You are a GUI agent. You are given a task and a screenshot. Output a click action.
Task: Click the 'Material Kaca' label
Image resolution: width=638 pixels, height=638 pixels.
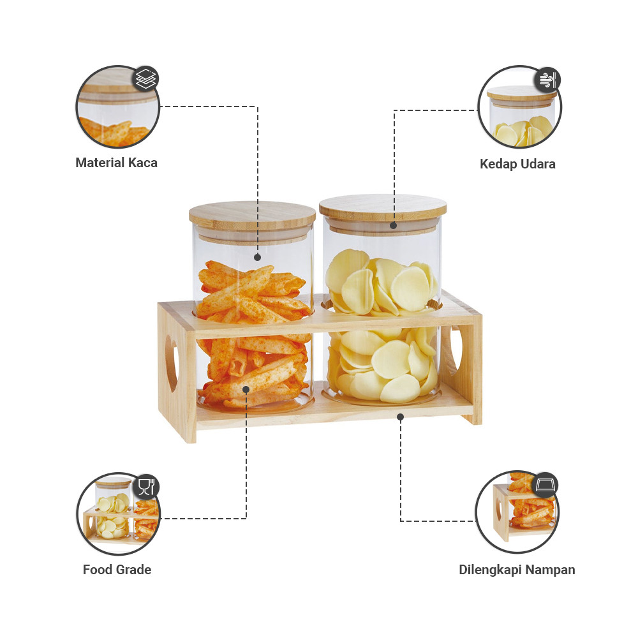click(x=116, y=163)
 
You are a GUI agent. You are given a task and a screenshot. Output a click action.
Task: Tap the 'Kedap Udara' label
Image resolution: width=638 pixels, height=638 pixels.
click(x=517, y=164)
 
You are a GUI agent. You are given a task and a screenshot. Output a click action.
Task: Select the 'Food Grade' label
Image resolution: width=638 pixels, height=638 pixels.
click(x=117, y=570)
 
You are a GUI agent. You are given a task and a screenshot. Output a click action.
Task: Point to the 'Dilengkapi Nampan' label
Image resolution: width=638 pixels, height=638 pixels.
click(x=517, y=570)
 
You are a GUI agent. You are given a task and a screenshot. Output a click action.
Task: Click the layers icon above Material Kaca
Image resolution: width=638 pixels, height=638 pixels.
click(x=146, y=78)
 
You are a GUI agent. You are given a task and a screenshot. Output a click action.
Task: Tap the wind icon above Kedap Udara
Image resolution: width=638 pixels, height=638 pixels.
click(x=547, y=80)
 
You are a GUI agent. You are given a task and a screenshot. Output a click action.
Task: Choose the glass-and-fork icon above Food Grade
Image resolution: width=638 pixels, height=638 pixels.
click(x=146, y=487)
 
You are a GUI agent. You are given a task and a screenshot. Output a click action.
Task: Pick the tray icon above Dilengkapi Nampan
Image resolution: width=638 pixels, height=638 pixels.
click(x=545, y=485)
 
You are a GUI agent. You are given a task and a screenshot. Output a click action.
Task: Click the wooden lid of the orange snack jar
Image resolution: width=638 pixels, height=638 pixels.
click(x=252, y=215)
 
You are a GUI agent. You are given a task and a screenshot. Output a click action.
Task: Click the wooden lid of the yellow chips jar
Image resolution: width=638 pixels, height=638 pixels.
click(x=383, y=209)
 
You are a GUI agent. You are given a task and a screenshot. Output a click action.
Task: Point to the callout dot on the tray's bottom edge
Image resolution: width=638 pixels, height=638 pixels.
click(x=401, y=417)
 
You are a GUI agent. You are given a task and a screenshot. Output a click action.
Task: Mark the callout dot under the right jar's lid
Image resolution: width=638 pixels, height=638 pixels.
click(x=394, y=225)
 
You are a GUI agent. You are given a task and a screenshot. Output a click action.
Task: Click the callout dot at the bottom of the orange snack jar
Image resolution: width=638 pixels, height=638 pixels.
click(x=246, y=389)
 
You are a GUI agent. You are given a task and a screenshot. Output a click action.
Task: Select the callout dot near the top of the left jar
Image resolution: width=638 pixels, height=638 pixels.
click(x=257, y=257)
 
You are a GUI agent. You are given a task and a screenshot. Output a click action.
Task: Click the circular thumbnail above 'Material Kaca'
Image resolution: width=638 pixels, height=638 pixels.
click(x=117, y=107)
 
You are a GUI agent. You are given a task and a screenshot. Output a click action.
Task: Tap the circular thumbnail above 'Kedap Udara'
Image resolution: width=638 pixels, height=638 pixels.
click(x=519, y=107)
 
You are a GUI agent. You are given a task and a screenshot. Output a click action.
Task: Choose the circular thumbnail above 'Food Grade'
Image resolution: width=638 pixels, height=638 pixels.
click(x=118, y=514)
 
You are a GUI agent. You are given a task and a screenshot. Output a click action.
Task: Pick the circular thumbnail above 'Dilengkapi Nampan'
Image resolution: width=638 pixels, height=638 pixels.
click(x=517, y=512)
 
